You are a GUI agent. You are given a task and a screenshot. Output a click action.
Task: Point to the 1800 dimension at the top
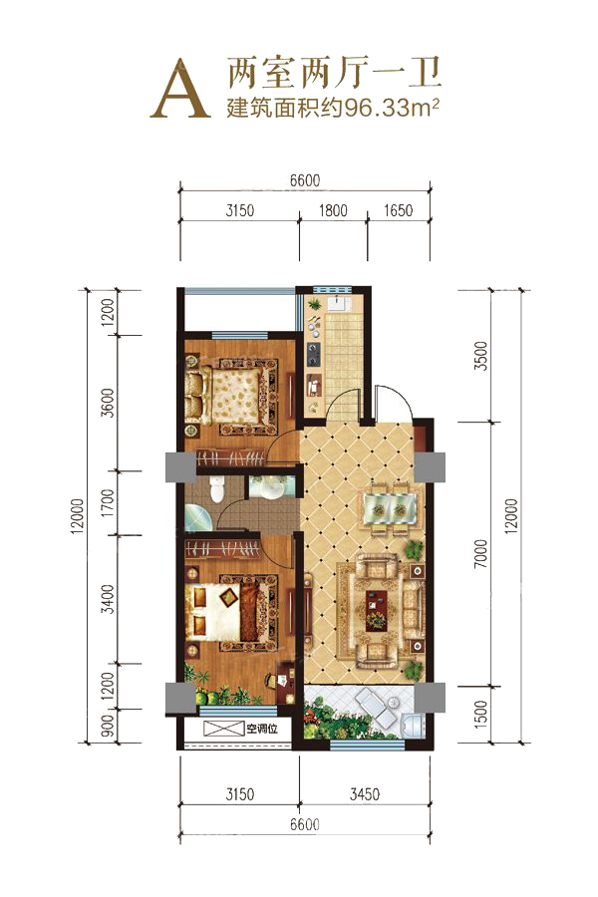pyautogui.click(x=333, y=210)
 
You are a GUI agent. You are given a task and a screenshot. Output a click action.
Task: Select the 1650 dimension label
pyautogui.click(x=399, y=210)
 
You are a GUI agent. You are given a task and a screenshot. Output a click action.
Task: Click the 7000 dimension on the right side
pyautogui.click(x=481, y=553)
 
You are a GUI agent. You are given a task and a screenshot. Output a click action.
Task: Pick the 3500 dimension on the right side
pyautogui.click(x=481, y=355)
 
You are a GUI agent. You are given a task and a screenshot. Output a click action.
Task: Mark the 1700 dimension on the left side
pyautogui.click(x=107, y=503)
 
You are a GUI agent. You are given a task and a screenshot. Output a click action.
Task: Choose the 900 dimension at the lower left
pyautogui.click(x=107, y=726)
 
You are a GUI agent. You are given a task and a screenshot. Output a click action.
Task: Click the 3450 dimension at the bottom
pyautogui.click(x=365, y=794)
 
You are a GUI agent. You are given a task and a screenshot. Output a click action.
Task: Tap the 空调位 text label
pyautogui.click(x=261, y=729)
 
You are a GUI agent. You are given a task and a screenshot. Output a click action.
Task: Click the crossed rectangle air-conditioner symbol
pyautogui.click(x=223, y=729)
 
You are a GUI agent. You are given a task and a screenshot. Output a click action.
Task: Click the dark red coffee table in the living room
pyautogui.click(x=377, y=610)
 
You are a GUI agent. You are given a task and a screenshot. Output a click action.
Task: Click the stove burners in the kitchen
pyautogui.click(x=314, y=354)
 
